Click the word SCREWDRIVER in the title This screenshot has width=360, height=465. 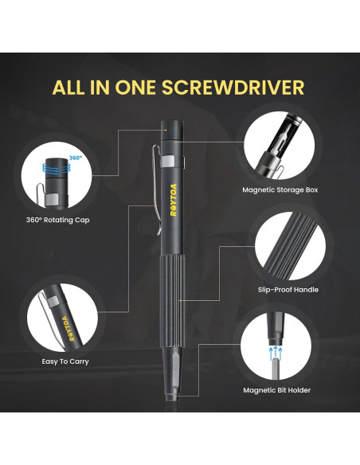[233, 88]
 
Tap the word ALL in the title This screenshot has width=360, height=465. [68, 88]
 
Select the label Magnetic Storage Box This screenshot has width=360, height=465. [280, 190]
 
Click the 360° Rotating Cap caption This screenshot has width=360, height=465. [58, 220]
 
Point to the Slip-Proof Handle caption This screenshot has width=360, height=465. [288, 290]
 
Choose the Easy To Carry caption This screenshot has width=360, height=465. [65, 361]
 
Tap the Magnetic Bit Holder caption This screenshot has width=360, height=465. [276, 390]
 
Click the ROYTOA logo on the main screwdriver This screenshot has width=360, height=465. [174, 200]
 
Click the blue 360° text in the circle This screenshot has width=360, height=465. [75, 158]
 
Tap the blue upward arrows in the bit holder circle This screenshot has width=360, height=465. [276, 353]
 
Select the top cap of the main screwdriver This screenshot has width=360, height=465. [172, 130]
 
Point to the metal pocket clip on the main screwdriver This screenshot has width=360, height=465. [157, 190]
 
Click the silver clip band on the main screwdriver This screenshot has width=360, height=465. [167, 161]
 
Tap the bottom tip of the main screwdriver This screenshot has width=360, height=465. [172, 397]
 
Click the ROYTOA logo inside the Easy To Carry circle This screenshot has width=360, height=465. [68, 329]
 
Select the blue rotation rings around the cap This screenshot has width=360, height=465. [57, 168]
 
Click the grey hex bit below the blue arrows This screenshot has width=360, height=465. [276, 369]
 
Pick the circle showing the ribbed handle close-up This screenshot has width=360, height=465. [290, 246]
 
